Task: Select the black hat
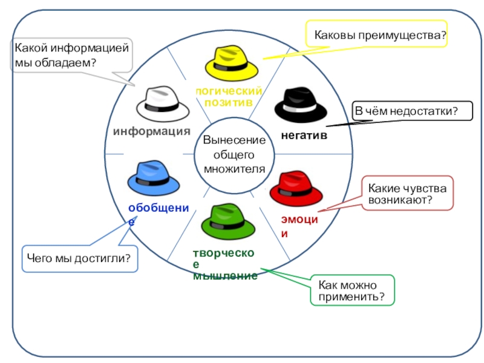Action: [x=301, y=105]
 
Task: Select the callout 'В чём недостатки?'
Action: [x=405, y=111]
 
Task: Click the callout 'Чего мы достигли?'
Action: [x=79, y=258]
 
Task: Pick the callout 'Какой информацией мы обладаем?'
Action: [x=72, y=54]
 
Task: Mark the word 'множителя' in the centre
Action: [x=234, y=168]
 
